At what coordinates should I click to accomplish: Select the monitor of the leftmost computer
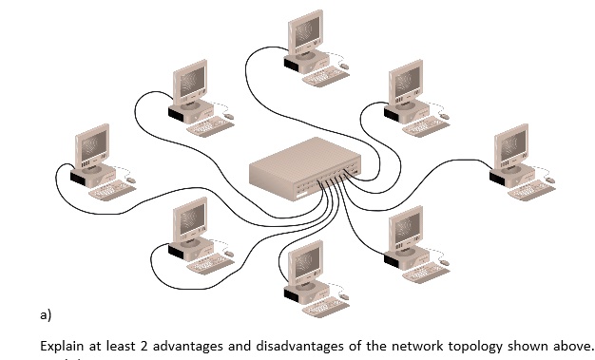click(x=93, y=147)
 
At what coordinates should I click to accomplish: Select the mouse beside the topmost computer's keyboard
click(x=343, y=66)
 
